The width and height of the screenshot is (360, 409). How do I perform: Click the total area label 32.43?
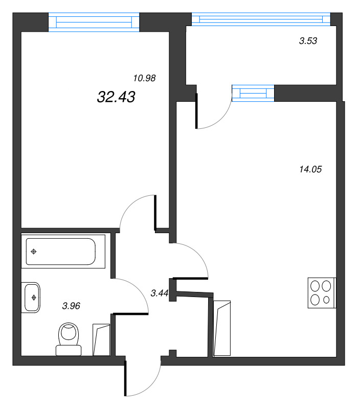coord(116,97)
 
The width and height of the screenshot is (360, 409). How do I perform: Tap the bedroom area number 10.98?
coord(144,78)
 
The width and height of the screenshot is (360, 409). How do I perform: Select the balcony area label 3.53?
coord(308,41)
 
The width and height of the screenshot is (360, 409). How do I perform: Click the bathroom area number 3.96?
coord(71,306)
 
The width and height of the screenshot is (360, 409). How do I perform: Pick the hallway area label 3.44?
coord(160,293)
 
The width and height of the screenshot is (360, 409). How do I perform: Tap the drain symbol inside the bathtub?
coord(34,251)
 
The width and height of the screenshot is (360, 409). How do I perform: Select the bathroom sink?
coord(32,297)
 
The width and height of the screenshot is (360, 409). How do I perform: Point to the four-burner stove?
coord(322,293)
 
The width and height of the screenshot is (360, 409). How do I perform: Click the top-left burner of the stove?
coord(316,286)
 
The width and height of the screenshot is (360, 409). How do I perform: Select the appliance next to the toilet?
coord(101,339)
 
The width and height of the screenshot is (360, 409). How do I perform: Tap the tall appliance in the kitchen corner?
coord(223,329)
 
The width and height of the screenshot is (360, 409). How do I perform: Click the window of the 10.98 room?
coord(94,22)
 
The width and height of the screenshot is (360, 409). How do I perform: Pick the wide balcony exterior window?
coord(260,19)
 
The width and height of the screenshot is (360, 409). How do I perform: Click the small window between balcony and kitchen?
coord(253,94)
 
